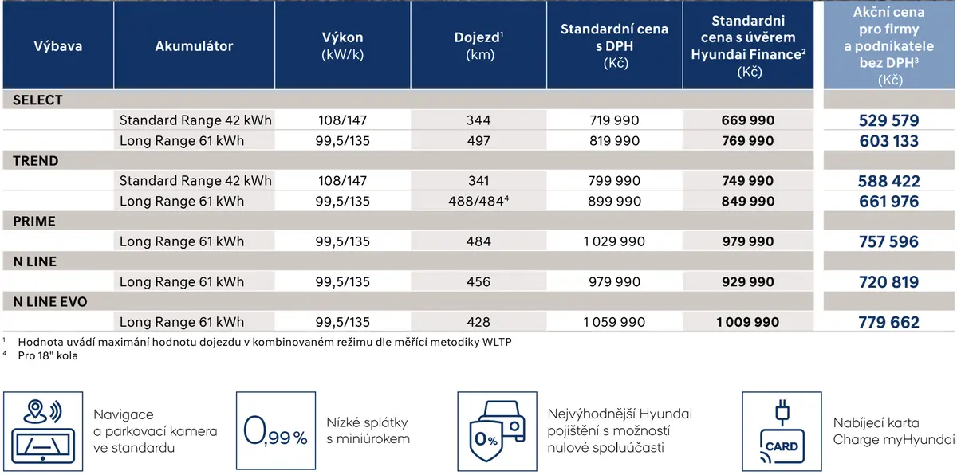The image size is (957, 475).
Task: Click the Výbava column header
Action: (58, 46)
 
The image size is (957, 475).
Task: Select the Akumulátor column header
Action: (194, 46)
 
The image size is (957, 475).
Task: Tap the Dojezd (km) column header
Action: (478, 45)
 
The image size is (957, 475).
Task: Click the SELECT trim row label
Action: (37, 100)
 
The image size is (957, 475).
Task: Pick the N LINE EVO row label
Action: (50, 302)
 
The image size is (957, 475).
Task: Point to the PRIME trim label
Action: (34, 221)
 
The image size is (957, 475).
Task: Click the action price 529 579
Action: (888, 120)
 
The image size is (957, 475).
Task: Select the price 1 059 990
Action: (614, 322)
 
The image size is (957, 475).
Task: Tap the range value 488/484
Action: (478, 201)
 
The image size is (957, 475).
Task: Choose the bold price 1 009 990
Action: (748, 322)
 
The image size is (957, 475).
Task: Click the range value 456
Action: (478, 281)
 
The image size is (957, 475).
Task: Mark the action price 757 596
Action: (888, 241)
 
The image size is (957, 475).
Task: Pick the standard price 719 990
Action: (614, 120)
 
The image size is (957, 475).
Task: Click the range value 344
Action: (478, 120)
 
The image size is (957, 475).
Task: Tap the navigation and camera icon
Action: (43, 431)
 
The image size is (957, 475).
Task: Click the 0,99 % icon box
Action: (276, 431)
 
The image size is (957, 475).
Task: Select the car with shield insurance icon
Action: (498, 431)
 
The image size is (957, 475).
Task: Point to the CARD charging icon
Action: (782, 431)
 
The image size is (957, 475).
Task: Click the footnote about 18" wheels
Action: (48, 355)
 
